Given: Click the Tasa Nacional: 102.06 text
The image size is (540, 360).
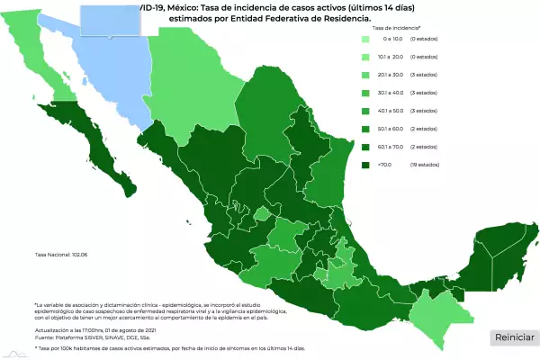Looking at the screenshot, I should click(62, 255).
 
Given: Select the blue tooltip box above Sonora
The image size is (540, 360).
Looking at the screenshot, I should click(112, 18).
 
